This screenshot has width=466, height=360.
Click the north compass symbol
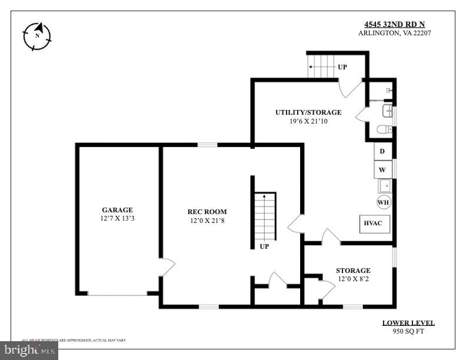pyautogui.click(x=37, y=36)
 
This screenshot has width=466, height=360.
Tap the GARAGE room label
pyautogui.click(x=117, y=210)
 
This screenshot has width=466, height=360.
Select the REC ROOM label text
pyautogui.click(x=207, y=212)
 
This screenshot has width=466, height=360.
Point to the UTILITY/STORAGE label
pyautogui.click(x=308, y=112)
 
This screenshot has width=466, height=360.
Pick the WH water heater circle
pyautogui.click(x=383, y=202)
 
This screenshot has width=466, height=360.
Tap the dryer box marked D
pyautogui.click(x=382, y=152)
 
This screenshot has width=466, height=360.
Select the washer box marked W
pyautogui.click(x=382, y=170)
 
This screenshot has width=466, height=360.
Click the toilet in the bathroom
pyautogui.click(x=384, y=129)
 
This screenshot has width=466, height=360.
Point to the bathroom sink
pyautogui.click(x=387, y=111)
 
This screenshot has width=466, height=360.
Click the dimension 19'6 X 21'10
pyautogui.click(x=308, y=121)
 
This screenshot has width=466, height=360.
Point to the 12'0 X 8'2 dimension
pyautogui.click(x=353, y=279)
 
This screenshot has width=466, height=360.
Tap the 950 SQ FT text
pyautogui.click(x=408, y=331)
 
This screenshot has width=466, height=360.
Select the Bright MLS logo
pyautogui.click(x=29, y=351)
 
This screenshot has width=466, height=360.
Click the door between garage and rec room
pyautogui.click(x=167, y=266)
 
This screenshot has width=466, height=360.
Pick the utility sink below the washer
pyautogui.click(x=384, y=186)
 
